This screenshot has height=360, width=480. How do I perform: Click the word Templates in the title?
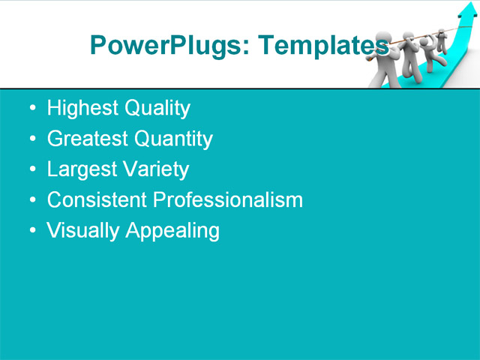click(x=322, y=46)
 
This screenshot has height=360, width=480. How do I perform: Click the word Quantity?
click(x=172, y=139)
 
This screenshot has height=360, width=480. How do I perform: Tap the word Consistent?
click(x=97, y=200)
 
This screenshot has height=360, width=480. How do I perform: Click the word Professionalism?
click(x=227, y=200)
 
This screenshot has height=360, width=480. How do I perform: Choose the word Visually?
click(x=83, y=231)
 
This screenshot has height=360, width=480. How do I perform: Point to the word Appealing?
click(x=172, y=231)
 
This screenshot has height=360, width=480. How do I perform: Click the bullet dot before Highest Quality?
click(x=31, y=109)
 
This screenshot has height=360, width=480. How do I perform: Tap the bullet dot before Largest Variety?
click(x=31, y=170)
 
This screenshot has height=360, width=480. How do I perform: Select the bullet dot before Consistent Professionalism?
click(x=31, y=201)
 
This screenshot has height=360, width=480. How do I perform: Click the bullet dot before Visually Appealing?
click(x=31, y=231)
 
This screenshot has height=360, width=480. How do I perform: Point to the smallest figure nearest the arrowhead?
click(x=442, y=38)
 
